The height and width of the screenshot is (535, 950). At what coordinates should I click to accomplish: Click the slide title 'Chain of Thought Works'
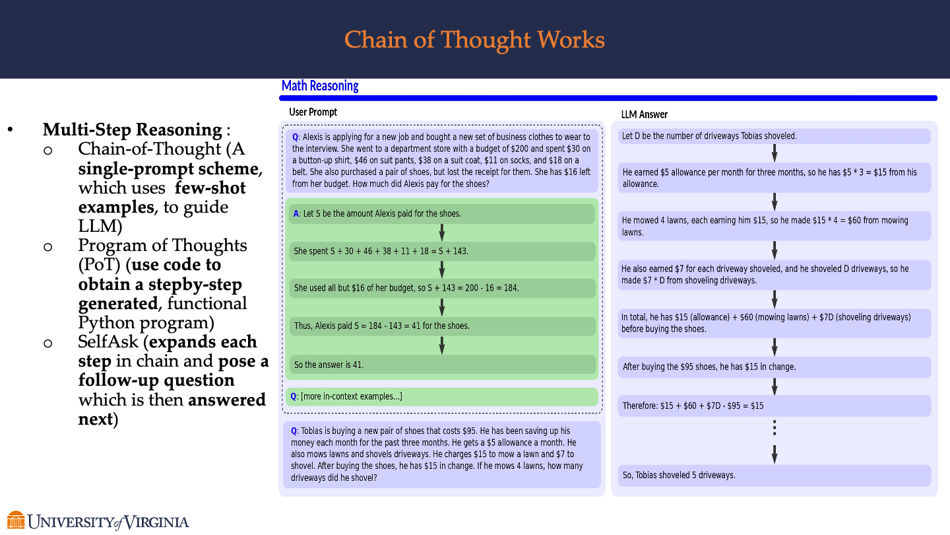point(474,40)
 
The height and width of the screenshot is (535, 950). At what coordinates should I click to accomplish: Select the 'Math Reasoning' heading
point(320,86)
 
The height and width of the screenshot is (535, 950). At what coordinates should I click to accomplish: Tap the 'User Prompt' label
point(313,112)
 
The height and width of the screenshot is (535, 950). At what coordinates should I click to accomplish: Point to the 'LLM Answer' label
point(644,115)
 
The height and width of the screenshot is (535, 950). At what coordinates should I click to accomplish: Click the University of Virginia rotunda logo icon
point(16,520)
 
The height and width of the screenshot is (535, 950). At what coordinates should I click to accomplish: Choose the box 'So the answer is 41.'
point(442,365)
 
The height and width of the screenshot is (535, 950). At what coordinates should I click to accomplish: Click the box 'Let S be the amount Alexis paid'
point(442,213)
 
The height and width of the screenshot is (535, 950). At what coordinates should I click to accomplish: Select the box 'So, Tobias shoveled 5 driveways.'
point(775,475)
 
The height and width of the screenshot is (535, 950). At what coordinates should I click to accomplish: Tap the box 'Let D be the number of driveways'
point(775,136)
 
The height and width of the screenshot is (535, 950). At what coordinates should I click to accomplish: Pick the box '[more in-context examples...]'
point(441,396)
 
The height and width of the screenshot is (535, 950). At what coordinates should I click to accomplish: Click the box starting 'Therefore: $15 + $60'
point(775,406)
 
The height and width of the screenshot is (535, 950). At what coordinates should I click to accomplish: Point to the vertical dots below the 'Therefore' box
point(775,428)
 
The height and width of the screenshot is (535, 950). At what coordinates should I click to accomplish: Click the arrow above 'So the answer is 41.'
point(442,345)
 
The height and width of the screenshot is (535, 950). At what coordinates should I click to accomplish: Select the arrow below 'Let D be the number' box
point(775,153)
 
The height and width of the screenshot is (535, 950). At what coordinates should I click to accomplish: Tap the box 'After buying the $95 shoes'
point(775,367)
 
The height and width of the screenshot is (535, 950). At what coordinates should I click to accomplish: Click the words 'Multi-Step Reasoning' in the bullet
point(133,129)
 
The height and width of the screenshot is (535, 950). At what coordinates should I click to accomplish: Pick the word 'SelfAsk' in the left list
point(108,342)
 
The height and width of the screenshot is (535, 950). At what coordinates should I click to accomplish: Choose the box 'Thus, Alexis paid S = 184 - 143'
point(442,326)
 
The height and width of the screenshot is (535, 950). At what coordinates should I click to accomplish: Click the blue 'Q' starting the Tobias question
point(294,431)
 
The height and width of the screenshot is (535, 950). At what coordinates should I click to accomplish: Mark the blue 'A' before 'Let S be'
point(296,213)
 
